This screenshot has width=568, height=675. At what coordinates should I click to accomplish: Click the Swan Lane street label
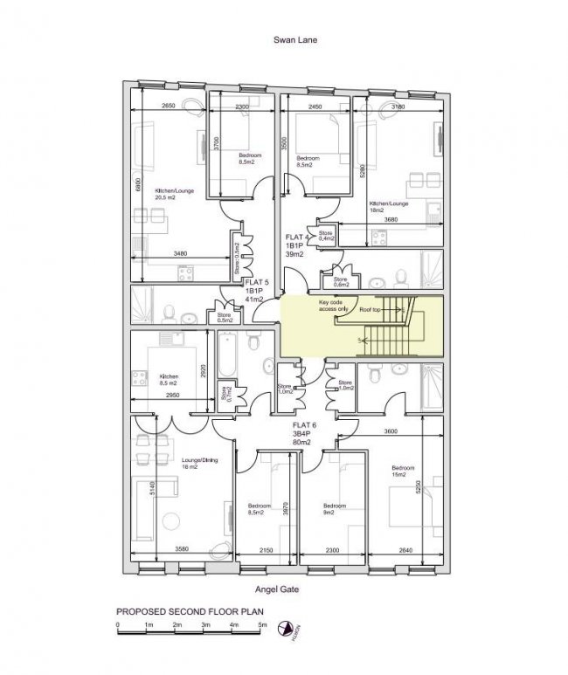coord(288,40)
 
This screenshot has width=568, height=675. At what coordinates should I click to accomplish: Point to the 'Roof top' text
coord(371,310)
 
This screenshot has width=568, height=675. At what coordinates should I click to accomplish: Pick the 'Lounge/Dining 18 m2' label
coord(200,464)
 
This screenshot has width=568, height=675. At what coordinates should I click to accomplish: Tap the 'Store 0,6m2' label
coord(338,282)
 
